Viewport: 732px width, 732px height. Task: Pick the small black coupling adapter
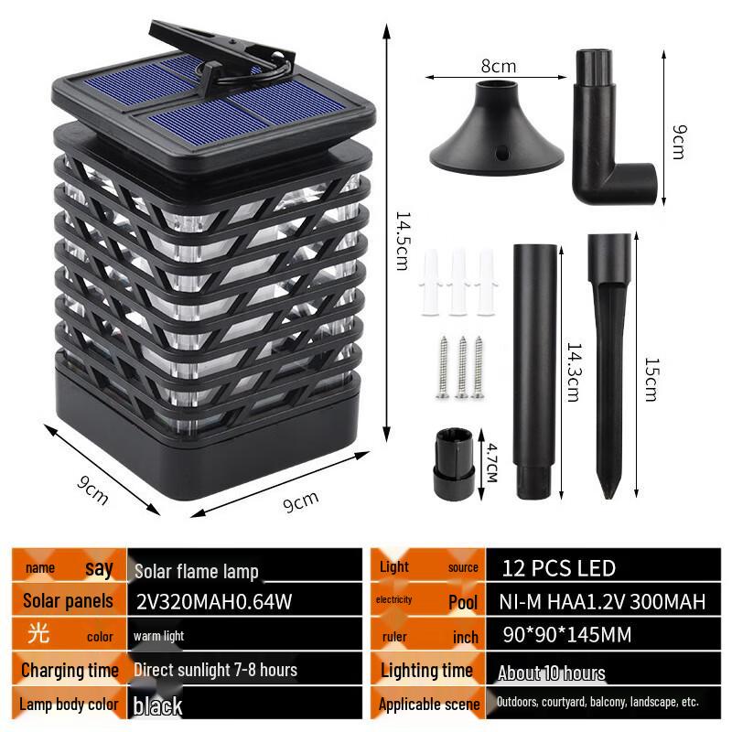tap(454, 462)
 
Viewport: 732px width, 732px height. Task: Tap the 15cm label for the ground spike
tap(651, 378)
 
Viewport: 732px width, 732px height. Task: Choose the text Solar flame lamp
tap(197, 571)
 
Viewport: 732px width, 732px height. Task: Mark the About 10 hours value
tap(552, 673)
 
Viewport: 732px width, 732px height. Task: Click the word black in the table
tap(157, 705)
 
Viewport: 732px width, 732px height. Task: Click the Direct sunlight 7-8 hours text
tap(215, 670)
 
